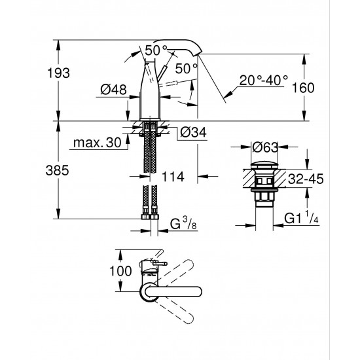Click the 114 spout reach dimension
click(171, 177)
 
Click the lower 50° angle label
click(187, 68)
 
